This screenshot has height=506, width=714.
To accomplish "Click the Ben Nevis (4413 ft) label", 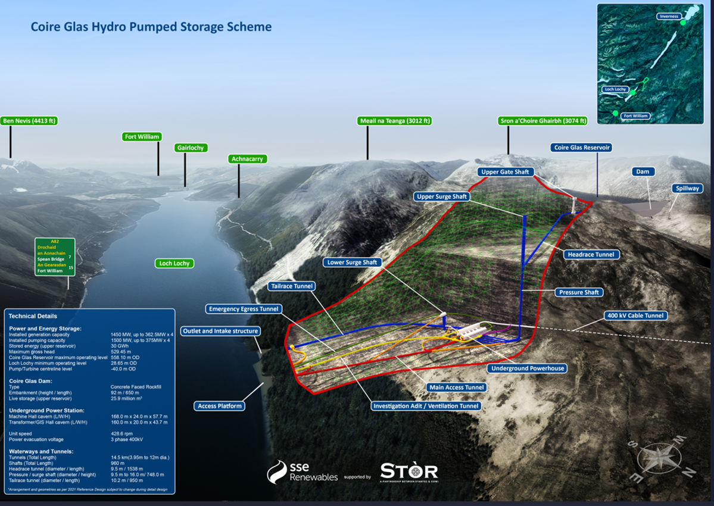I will coord(29,121).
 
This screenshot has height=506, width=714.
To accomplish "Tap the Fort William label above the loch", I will coord(142,137).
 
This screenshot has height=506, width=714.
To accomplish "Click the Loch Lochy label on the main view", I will coord(174,263).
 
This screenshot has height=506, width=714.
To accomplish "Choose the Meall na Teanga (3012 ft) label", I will coord(395,121).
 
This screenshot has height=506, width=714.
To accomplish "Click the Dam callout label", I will coord(643,171).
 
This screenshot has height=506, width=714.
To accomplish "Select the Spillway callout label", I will coord(687,188).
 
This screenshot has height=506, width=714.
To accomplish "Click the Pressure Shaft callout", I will coord(579,292).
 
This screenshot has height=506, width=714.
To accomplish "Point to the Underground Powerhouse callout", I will coord(527,368).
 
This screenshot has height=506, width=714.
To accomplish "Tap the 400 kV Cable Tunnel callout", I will coord(636,316).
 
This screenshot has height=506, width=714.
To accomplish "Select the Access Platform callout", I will coord(220,406).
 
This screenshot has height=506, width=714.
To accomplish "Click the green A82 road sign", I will coord(55,256).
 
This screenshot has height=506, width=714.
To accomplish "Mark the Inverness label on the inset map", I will coord(669,16).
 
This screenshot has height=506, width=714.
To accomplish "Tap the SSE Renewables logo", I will coord(303,473).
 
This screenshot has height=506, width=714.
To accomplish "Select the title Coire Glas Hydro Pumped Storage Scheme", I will coord(151,27).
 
